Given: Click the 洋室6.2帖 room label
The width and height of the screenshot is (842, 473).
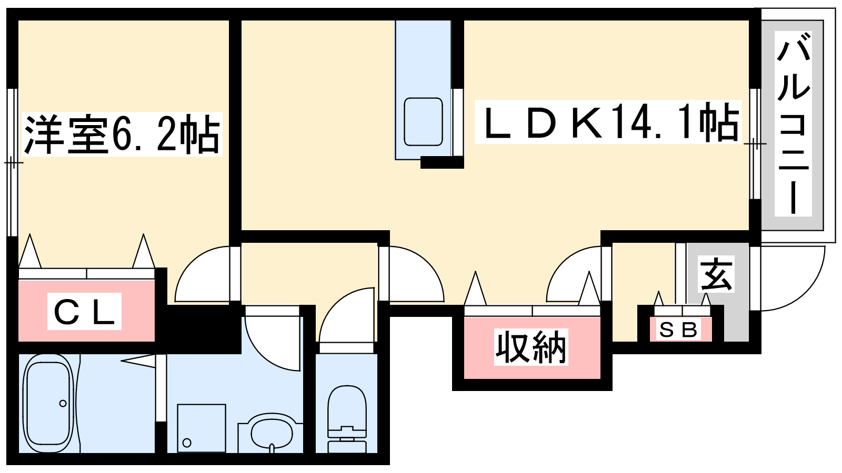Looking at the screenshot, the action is click(x=122, y=135).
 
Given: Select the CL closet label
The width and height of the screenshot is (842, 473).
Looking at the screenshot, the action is click(x=84, y=311).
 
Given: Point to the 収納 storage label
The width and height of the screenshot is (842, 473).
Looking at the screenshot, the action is click(x=531, y=347).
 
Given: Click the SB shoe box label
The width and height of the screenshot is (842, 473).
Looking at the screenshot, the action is click(x=678, y=330).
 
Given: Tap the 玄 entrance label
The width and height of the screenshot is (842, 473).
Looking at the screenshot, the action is click(x=716, y=274).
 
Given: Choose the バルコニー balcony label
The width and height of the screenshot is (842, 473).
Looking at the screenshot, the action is click(x=793, y=124).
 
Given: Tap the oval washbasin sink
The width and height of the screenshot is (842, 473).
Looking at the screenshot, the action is click(x=272, y=433).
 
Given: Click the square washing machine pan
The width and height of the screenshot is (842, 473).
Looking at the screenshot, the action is click(x=202, y=428).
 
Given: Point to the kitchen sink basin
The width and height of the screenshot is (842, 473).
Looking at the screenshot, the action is click(x=423, y=121).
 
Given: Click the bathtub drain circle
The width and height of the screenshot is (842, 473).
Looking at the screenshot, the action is click(x=63, y=404).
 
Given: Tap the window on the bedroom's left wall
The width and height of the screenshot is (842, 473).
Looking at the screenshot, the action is click(x=13, y=162).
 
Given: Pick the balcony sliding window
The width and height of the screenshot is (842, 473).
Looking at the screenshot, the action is click(x=755, y=144).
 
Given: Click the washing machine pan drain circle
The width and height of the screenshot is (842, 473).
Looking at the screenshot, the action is click(x=187, y=443).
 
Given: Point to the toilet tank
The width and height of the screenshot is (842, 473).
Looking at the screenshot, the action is click(x=347, y=447).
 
